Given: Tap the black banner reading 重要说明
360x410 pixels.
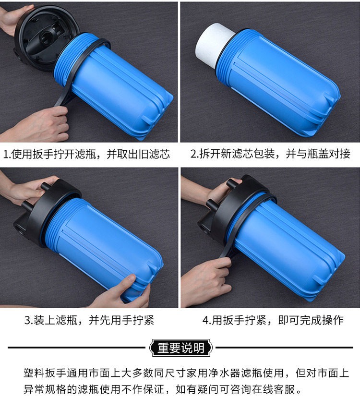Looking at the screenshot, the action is point(180,348).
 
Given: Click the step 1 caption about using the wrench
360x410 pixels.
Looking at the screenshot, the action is point(86,154).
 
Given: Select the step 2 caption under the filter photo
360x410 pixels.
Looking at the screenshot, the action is point(270,154).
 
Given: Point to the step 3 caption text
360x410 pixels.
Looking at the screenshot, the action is point(89,320).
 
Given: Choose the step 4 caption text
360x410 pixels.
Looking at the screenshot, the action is point(273,320).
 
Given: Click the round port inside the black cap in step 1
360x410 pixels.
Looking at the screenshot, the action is point(48,38).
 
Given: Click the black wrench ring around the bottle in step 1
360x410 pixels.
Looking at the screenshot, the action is point(78,71).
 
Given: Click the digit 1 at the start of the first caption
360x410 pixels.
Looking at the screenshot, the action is point(6,154).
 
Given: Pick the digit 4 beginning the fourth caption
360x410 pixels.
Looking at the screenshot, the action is point(205,320).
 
